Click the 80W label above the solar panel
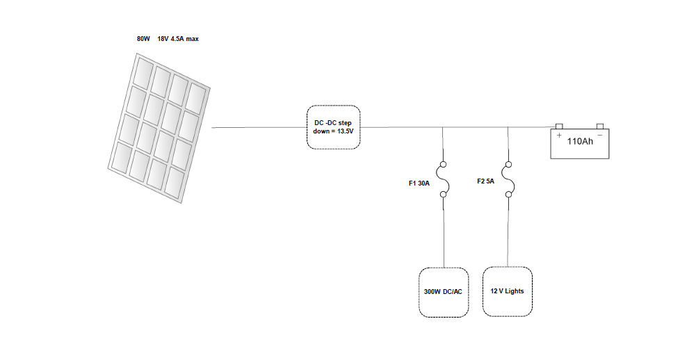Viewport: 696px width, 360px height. (143, 39)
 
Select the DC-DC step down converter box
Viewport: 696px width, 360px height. (334, 127)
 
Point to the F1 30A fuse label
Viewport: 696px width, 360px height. (419, 183)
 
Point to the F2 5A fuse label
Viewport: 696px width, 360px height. (485, 181)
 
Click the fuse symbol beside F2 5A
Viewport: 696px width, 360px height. (509, 181)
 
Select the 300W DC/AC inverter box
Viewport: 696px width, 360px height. (443, 292)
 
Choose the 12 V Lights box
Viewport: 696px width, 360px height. (507, 291)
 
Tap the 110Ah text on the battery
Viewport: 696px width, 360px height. (580, 141)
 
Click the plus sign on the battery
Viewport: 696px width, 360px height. (559, 134)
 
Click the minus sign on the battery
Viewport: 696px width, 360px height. (600, 134)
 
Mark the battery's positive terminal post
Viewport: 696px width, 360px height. (558, 126)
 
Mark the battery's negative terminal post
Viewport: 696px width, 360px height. (601, 126)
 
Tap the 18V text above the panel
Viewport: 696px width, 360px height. (163, 39)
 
